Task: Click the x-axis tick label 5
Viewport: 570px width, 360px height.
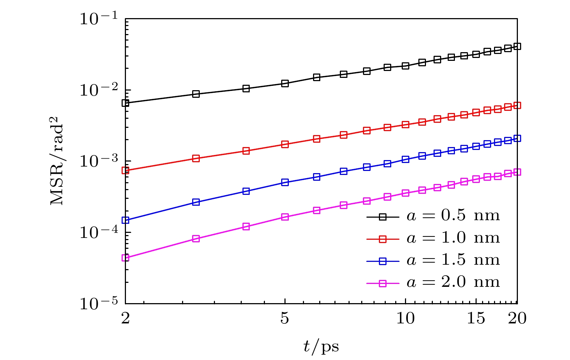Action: coord(285,318)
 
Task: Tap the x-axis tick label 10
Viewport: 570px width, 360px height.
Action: coord(405,318)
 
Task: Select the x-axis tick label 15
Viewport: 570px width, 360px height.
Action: coord(476,318)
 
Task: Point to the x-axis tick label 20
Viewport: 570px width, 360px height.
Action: coord(517,318)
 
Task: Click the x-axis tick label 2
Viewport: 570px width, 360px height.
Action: coord(125,318)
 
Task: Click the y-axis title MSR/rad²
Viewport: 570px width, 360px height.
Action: coord(57,161)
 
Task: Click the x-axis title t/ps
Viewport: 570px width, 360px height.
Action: coord(321,347)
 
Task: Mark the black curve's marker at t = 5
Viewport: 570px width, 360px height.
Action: coord(285,84)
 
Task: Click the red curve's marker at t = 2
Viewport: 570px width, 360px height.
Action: coord(126,170)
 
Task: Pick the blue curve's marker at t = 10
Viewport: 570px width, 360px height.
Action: coord(405,159)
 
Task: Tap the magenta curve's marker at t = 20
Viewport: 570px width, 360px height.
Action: coord(517,172)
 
